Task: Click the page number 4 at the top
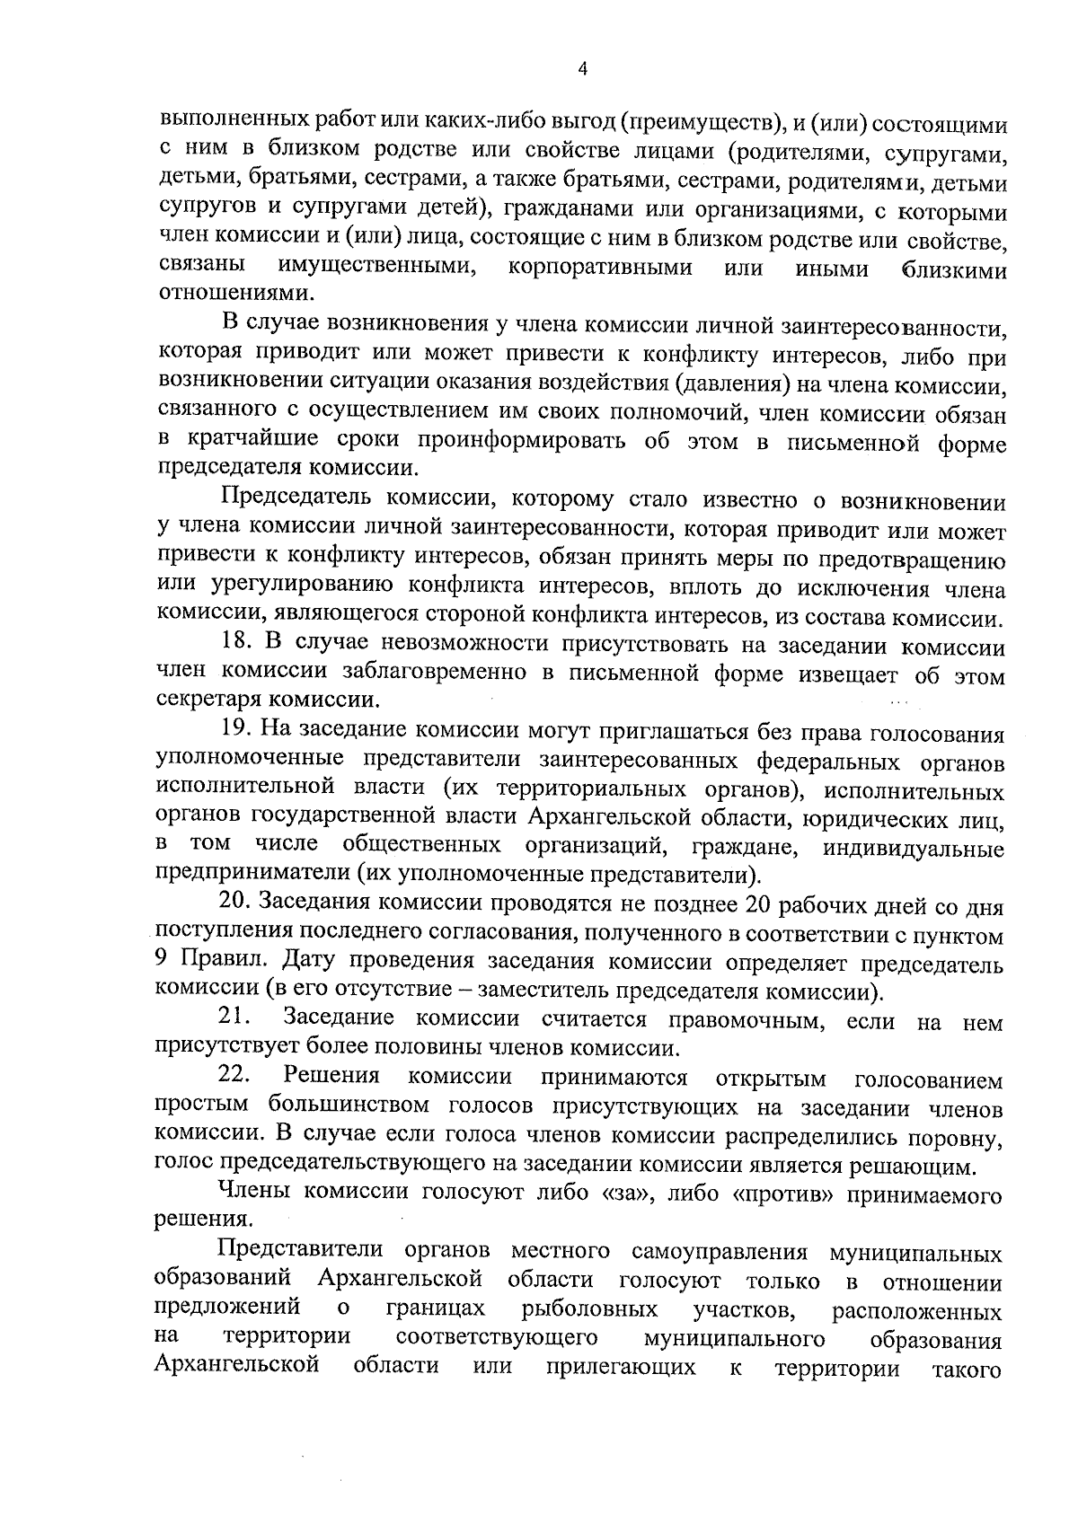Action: click(x=583, y=70)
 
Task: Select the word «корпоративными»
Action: click(x=599, y=267)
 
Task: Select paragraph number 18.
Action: click(x=237, y=647)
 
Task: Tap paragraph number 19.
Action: click(x=237, y=735)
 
